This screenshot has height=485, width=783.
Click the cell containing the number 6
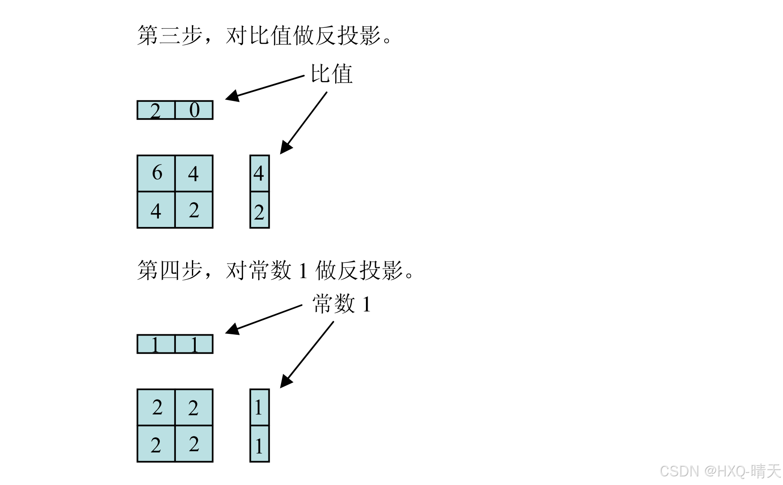(x=156, y=173)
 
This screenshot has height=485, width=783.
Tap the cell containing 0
(x=194, y=110)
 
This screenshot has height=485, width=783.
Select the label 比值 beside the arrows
(x=332, y=74)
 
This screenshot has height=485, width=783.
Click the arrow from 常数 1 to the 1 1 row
(x=264, y=320)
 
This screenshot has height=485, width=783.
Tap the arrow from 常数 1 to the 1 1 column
(x=307, y=354)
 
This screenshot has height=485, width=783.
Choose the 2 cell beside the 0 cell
(x=156, y=110)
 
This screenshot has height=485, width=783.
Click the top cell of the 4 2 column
(x=259, y=173)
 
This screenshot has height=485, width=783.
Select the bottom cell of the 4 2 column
(x=259, y=210)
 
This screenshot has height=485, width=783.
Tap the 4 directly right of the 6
(x=194, y=173)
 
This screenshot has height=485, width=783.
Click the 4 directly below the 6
(x=156, y=210)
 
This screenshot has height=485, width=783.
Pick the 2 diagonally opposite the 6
(x=194, y=210)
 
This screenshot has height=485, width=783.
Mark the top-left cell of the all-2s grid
(x=156, y=407)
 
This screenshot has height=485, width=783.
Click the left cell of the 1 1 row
(x=156, y=345)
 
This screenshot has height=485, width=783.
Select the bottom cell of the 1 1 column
(x=259, y=445)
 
